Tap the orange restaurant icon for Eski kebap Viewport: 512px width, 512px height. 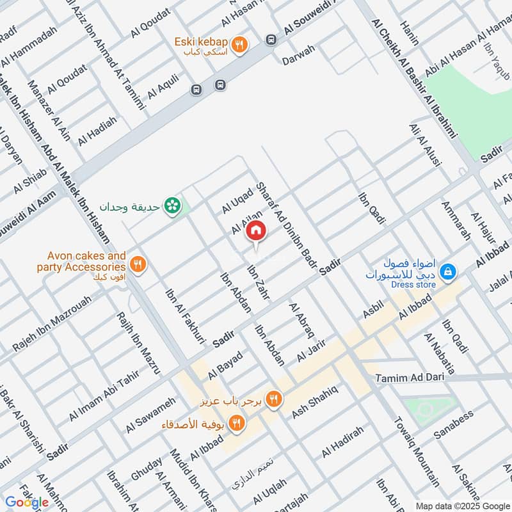coord(239,45)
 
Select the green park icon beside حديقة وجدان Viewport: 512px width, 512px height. coord(172,206)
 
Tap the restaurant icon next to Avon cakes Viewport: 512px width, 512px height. coord(137,264)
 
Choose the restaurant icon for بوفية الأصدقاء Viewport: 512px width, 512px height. coord(237,422)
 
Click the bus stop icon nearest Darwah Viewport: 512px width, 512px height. coord(271,40)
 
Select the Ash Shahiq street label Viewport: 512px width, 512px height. coord(314,403)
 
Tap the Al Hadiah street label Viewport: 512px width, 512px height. coord(97,131)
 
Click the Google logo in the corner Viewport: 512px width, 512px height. coord(26,502)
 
